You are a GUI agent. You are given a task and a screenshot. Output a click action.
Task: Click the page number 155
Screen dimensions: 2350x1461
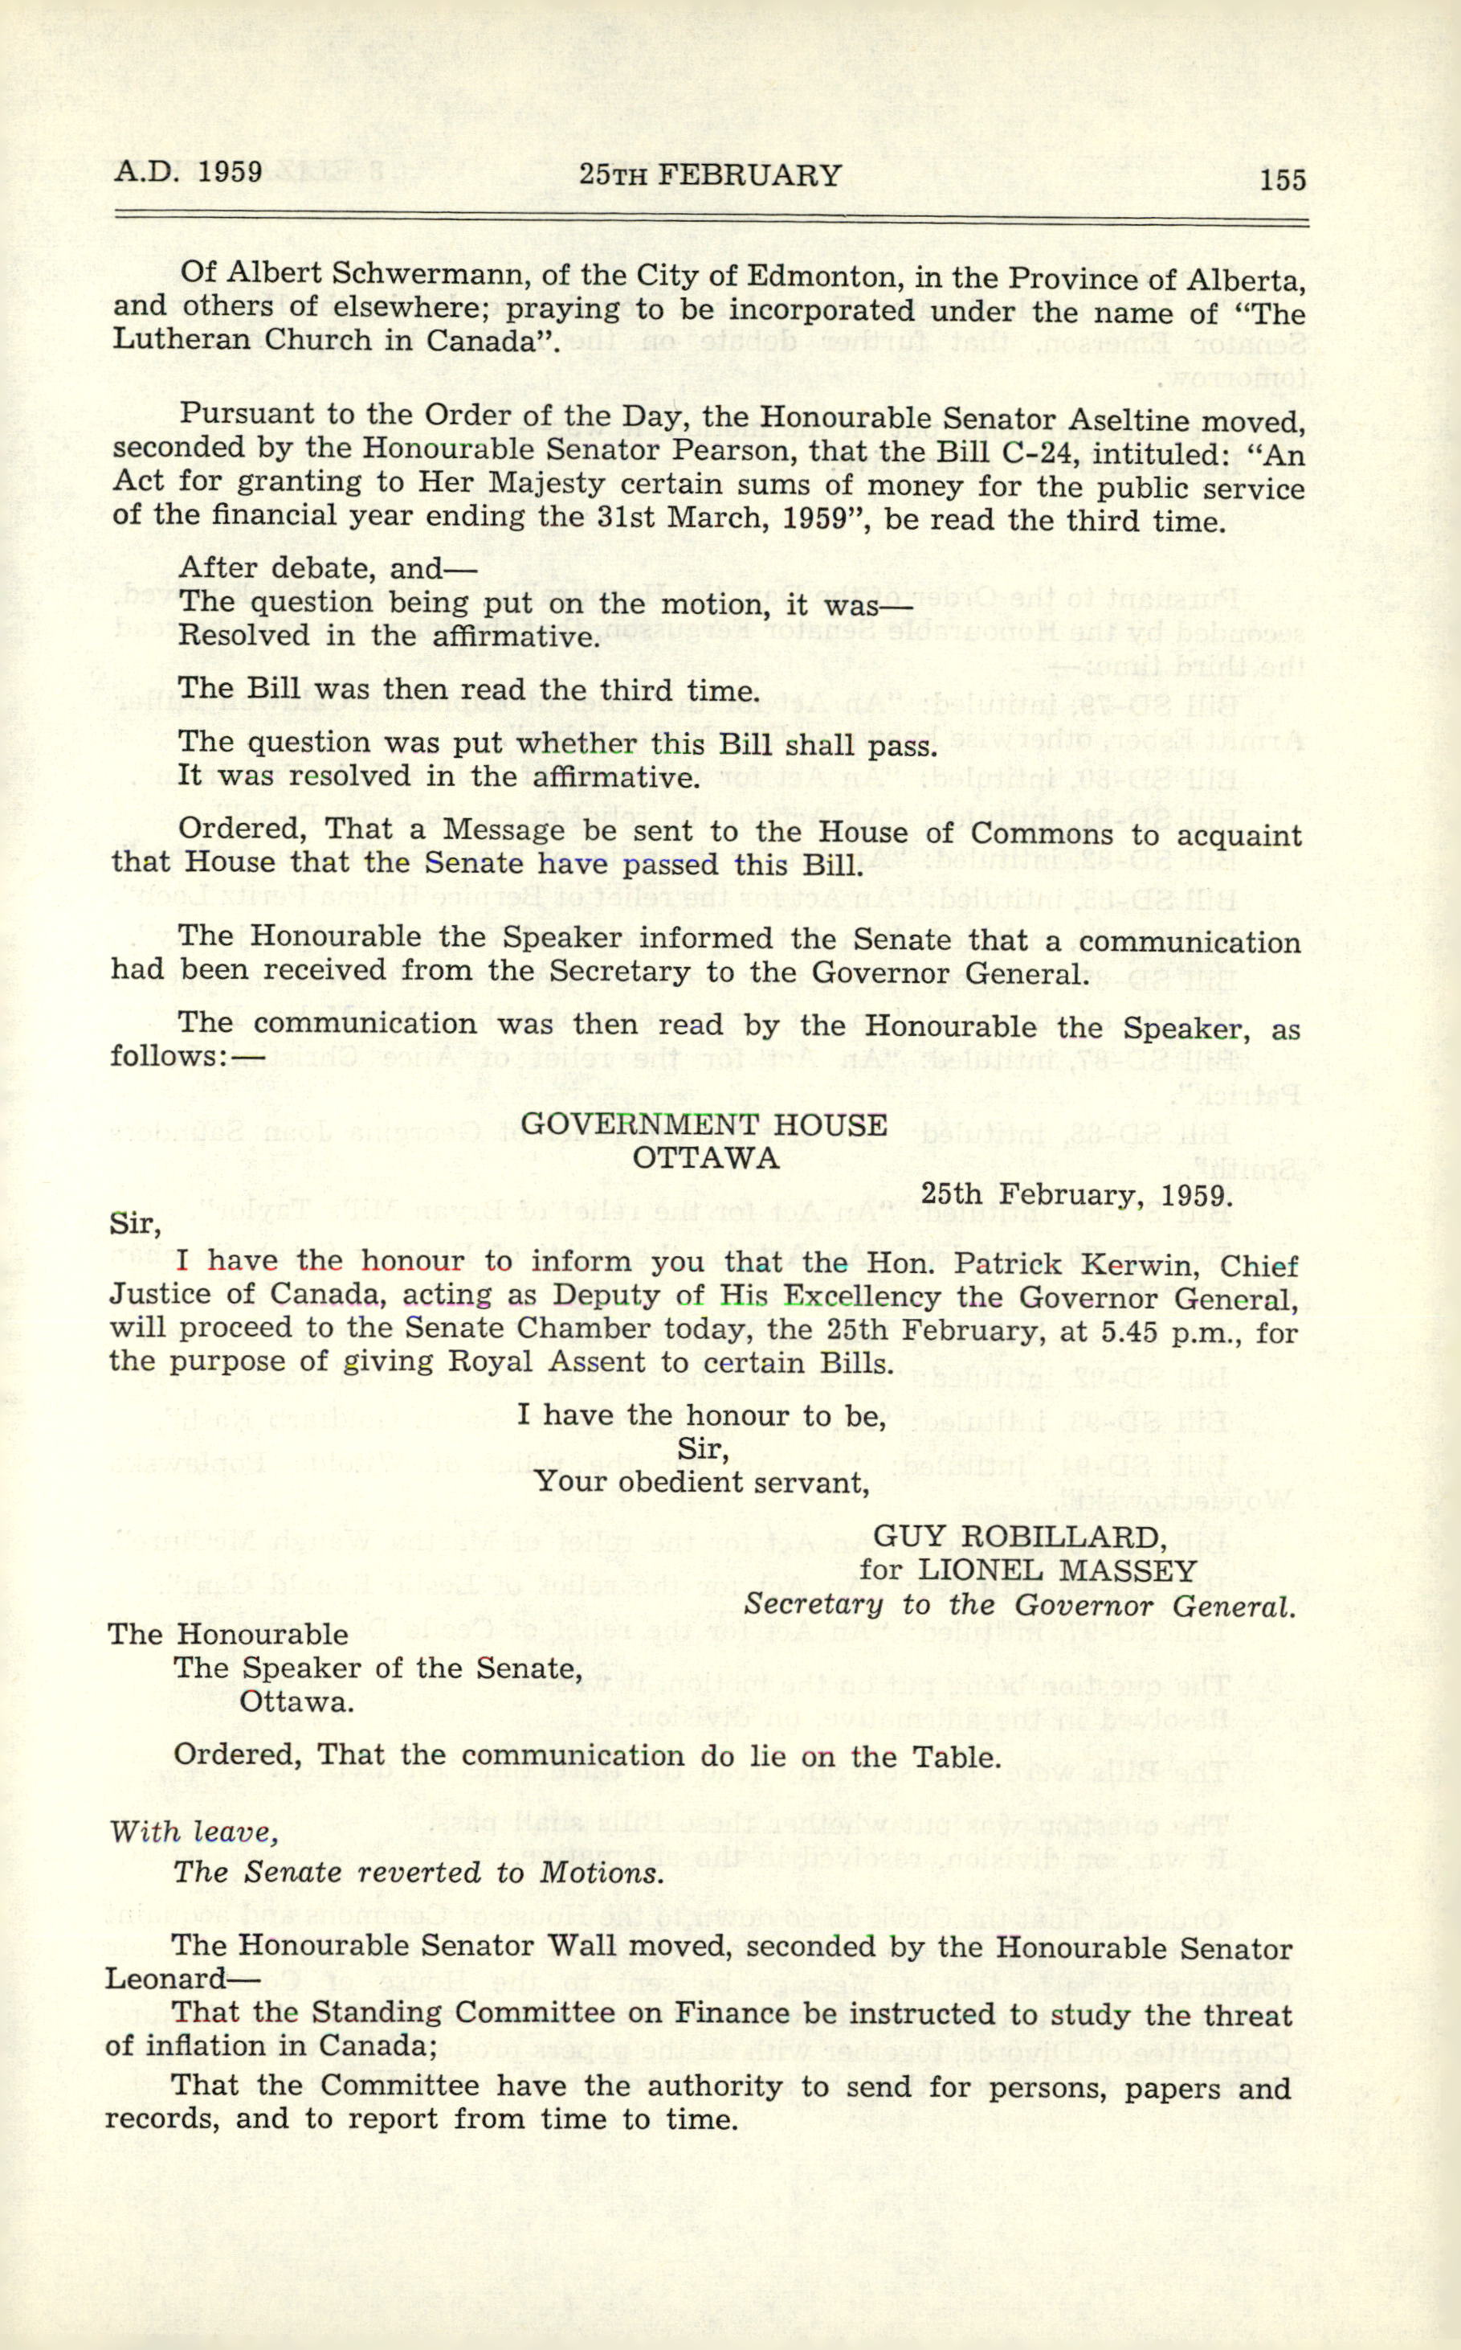(1282, 180)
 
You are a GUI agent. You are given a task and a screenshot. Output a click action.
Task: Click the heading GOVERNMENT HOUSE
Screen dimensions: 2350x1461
(704, 1124)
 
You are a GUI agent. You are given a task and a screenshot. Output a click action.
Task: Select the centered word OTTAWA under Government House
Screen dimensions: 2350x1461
(705, 1157)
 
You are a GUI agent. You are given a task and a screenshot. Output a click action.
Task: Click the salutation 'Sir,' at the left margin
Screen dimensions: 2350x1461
(133, 1224)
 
